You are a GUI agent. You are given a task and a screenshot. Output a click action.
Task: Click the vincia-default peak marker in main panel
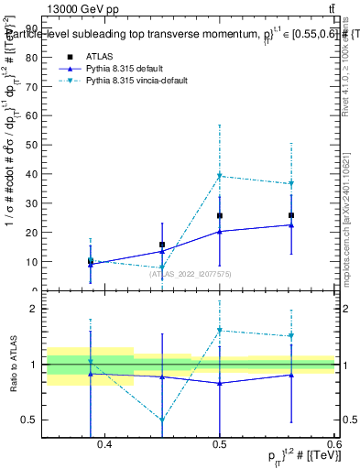coord(220,176)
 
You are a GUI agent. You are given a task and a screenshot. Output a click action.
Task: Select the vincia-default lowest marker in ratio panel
coord(162,420)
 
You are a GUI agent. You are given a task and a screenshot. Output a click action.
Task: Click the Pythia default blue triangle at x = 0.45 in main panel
coord(162,251)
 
